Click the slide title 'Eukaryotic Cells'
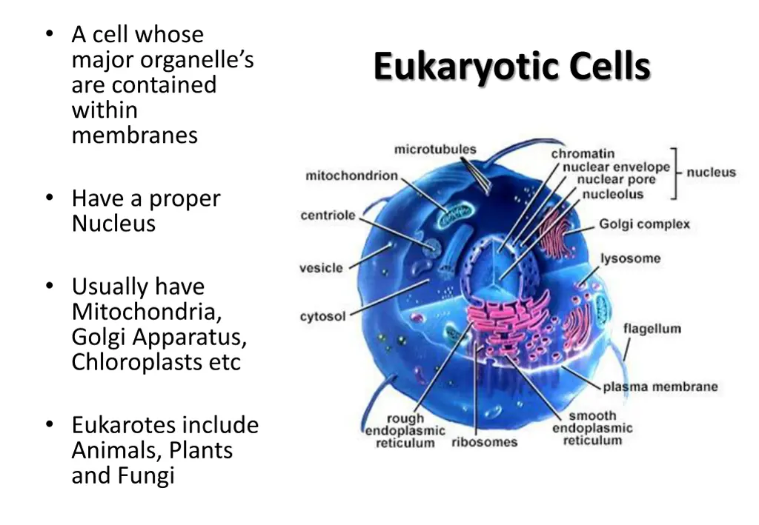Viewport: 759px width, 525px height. point(511,67)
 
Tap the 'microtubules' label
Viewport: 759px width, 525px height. point(435,150)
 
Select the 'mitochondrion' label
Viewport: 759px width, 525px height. point(351,176)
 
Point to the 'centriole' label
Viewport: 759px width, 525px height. point(328,215)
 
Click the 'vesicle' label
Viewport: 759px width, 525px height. point(321,267)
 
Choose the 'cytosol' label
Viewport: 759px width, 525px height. point(322,316)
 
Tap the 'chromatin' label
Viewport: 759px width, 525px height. point(583,154)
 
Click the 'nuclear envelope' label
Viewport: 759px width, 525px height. point(616,167)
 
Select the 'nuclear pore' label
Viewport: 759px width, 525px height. point(617,180)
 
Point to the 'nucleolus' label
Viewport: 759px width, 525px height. point(612,194)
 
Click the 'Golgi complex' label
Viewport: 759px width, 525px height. point(643,224)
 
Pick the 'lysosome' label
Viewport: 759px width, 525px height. point(630,258)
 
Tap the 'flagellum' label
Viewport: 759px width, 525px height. point(652,329)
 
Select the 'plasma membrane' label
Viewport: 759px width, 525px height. point(660,387)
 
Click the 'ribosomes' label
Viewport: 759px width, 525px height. point(485,443)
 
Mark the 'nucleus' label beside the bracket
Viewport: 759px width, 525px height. point(711,173)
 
